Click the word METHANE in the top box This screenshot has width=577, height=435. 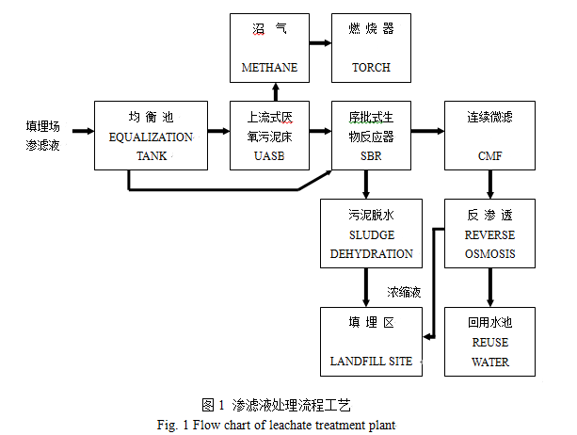coord(269,68)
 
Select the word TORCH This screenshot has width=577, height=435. coord(371,68)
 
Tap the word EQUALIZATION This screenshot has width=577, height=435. coord(151,137)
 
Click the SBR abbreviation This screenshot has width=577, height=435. coord(371,155)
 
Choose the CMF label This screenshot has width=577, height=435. coord(489,155)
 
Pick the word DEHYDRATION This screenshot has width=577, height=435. coord(371,254)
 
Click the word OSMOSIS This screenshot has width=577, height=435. coord(489,254)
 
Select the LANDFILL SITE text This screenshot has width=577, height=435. coord(371,362)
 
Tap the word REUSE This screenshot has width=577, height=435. coord(489,344)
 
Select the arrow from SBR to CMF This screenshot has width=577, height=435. coord(428,131)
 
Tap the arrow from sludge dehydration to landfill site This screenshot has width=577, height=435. coord(366,286)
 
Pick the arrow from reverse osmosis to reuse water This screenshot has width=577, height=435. coord(489,286)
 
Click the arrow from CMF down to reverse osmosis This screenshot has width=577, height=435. coord(489,185)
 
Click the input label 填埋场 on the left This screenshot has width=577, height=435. coord(44,124)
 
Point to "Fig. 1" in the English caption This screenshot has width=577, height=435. coord(174,425)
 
